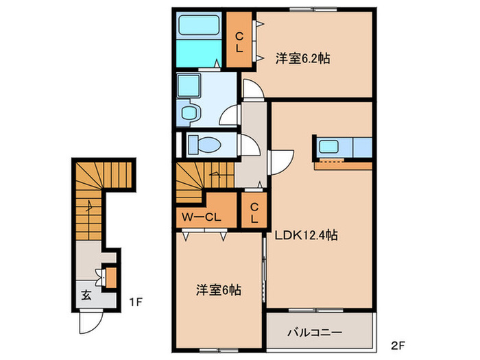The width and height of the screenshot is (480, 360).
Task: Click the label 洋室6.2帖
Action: click(302, 58)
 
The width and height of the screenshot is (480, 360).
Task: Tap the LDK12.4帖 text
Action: click(307, 235)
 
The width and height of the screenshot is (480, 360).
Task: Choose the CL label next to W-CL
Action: click(254, 212)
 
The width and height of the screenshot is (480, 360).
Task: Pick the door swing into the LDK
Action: click(281, 163)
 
